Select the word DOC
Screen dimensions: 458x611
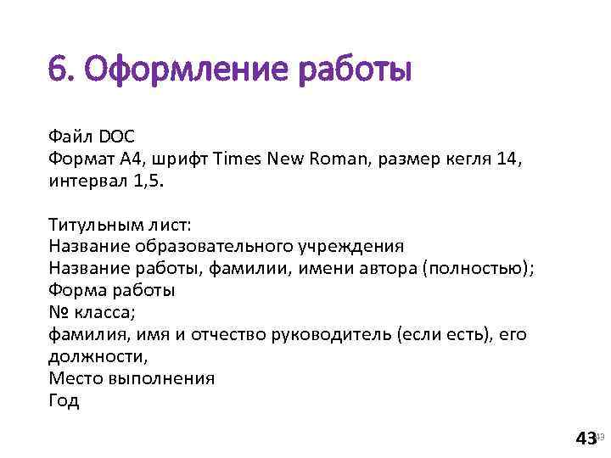[117, 136]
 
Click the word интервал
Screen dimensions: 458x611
[87, 180]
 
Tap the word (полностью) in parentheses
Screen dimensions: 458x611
[481, 269]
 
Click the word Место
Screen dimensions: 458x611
[74, 378]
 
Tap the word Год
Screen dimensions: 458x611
[64, 400]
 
